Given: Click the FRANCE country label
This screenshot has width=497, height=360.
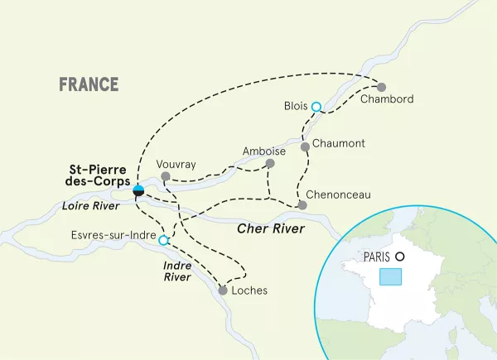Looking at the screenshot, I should point(89,84).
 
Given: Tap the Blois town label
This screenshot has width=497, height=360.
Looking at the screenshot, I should point(295,106).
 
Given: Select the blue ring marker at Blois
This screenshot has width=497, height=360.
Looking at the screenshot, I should point(316,106).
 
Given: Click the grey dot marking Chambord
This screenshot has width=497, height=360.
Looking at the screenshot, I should point(381,87).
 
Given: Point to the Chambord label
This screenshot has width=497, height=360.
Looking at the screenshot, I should point(386,101).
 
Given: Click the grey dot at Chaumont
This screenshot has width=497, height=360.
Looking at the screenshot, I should point(305,146).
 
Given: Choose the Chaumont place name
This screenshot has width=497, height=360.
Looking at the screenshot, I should point(339,144).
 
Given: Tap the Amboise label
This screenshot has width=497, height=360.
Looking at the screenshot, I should point(264,151).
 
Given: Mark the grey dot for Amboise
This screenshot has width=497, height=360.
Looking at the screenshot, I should point(269,165).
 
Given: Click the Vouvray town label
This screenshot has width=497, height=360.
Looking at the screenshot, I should point(176,164).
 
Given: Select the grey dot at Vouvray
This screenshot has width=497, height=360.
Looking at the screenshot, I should point(165,176).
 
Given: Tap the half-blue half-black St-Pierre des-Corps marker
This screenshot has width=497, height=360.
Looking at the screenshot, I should point(138,191).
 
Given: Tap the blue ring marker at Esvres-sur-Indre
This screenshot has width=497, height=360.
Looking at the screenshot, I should point(163,241).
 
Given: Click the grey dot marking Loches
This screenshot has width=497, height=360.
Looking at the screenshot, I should point(222,290).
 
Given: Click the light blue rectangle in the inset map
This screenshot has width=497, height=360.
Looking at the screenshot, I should point(390,276).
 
